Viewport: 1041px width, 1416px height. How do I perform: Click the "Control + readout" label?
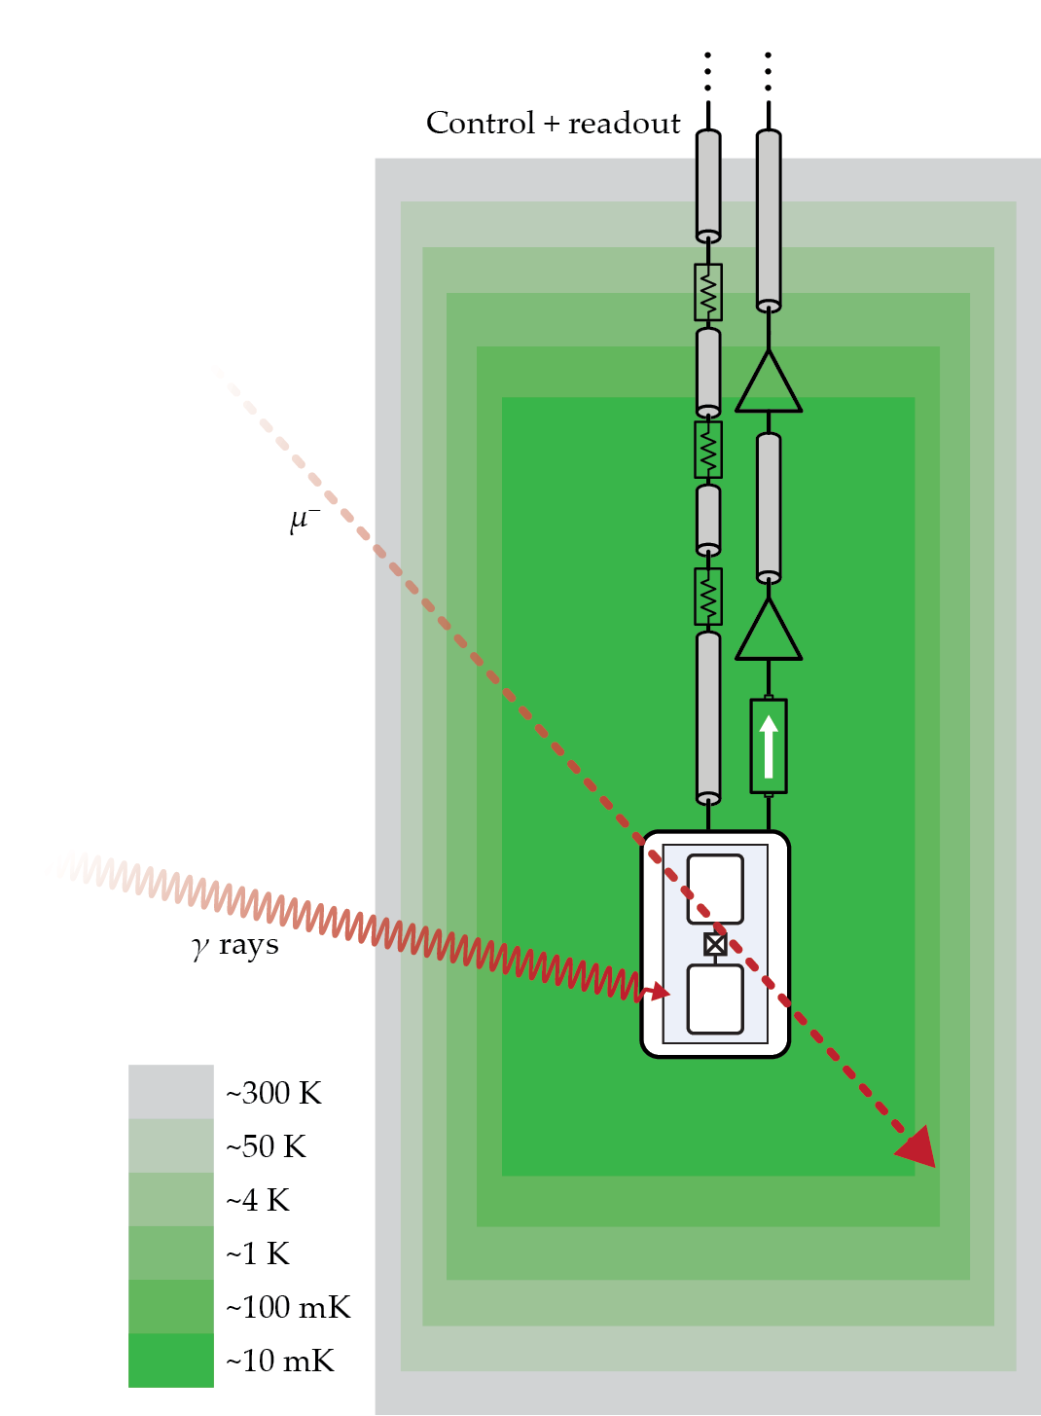553,124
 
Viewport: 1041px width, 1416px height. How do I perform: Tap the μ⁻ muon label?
304,520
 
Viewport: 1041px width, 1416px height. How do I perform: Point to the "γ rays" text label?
235,945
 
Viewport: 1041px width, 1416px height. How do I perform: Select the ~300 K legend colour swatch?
170,1091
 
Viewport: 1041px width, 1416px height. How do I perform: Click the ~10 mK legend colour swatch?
170,1360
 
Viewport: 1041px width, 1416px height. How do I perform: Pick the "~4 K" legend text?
258,1200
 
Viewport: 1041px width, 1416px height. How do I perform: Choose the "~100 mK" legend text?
288,1307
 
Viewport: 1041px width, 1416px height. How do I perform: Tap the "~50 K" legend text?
266,1146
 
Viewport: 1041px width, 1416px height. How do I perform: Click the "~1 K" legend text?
258,1253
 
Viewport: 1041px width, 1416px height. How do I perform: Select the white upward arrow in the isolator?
769,746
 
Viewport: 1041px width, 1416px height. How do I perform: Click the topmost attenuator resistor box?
708,292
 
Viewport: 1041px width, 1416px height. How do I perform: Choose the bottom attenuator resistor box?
708,597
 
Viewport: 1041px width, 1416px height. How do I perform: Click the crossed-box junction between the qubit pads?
715,944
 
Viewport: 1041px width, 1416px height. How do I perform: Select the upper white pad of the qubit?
715,889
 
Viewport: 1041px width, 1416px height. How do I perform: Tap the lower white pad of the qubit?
715,998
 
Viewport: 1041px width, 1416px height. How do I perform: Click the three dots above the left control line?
708,71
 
